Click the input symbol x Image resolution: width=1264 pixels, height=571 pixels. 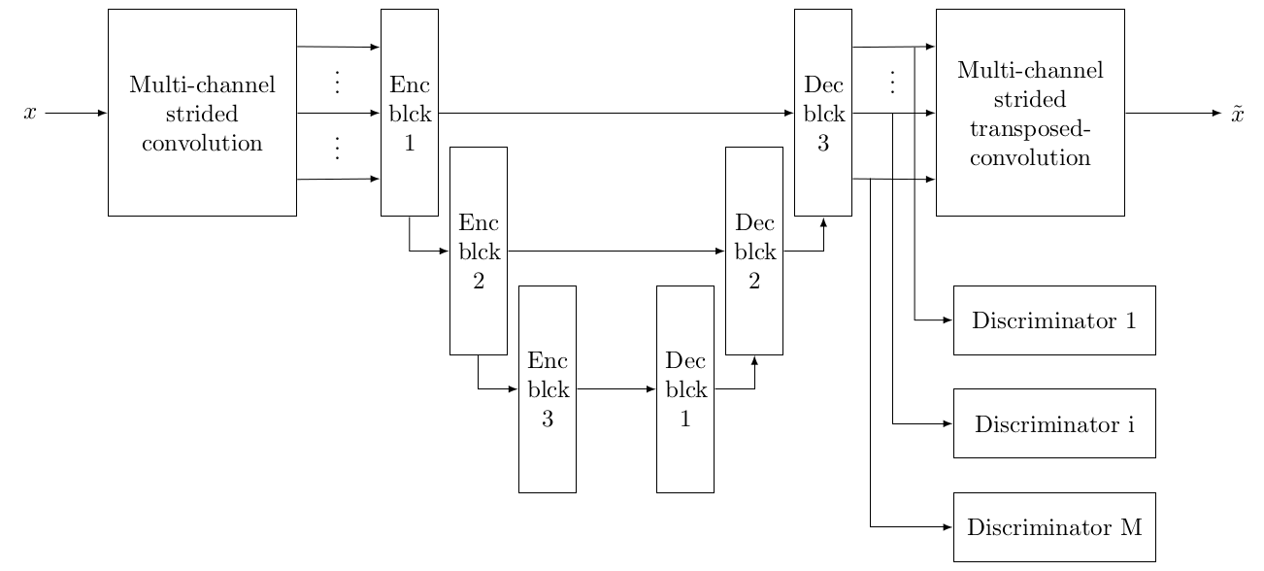tap(30, 114)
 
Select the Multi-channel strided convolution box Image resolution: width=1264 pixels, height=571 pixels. tap(202, 113)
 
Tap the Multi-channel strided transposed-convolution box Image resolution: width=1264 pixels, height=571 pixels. tap(1030, 113)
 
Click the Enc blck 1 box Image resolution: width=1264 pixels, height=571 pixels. tap(409, 113)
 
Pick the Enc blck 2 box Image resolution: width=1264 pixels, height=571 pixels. tap(478, 251)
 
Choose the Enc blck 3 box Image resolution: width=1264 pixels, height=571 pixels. tap(548, 388)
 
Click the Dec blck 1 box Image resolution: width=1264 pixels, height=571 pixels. tap(685, 388)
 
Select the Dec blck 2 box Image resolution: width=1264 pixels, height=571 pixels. tap(754, 251)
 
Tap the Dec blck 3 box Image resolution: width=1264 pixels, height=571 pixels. tap(823, 113)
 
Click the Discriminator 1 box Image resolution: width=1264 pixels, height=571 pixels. tap(1054, 320)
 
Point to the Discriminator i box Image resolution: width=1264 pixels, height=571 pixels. tap(1054, 423)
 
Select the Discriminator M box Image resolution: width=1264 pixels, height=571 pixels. tap(1054, 527)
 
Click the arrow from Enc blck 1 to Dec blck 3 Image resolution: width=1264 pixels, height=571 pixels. tap(616, 113)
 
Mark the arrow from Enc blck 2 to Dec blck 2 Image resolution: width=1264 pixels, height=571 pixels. tap(616, 251)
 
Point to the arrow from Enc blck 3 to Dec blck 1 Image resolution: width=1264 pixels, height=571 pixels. tap(616, 388)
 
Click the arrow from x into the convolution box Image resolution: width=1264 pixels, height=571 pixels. tap(76, 113)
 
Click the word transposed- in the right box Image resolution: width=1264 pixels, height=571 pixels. tap(1030, 134)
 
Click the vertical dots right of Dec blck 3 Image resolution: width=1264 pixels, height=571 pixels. tap(892, 83)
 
